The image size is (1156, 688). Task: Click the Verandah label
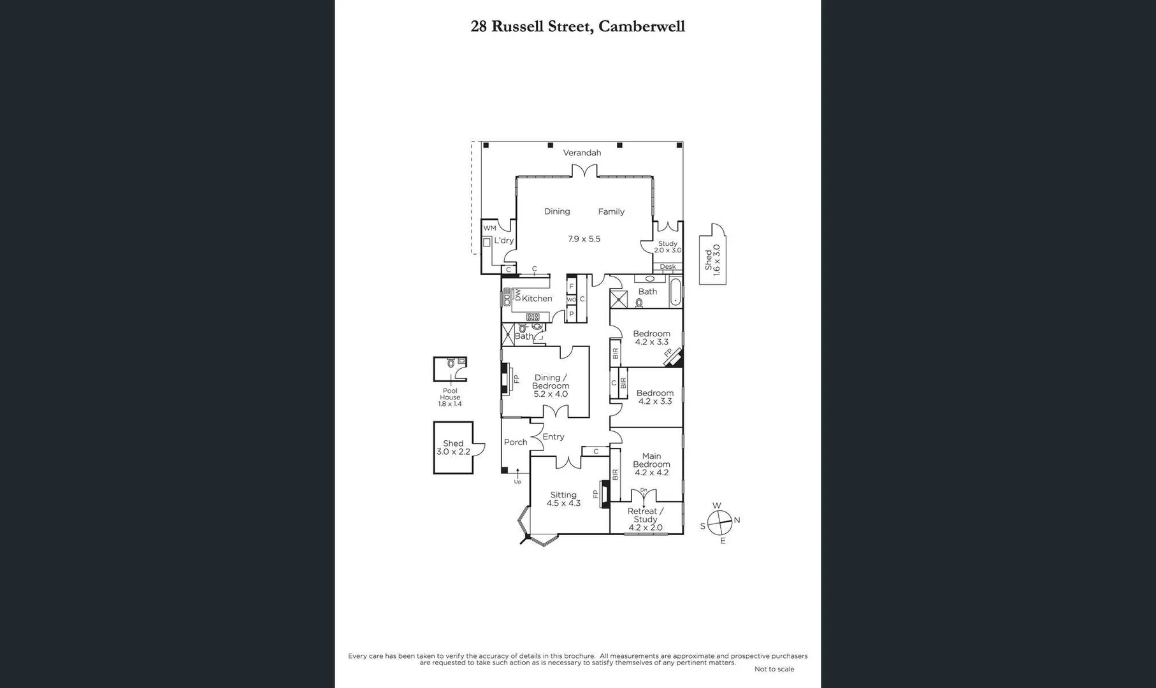click(x=582, y=153)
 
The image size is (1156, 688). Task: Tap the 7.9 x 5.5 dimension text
click(x=584, y=239)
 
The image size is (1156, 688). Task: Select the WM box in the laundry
click(x=489, y=228)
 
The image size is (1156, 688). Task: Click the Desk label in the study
click(x=667, y=267)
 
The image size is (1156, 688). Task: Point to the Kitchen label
click(x=537, y=298)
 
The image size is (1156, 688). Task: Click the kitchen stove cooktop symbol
click(x=533, y=317)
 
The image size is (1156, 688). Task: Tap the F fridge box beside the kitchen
click(x=572, y=287)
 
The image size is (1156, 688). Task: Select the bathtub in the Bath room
click(x=675, y=292)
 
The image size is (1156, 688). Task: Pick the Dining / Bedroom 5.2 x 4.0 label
click(x=551, y=385)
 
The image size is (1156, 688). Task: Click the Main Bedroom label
click(x=651, y=464)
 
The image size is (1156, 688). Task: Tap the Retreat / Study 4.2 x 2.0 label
click(x=645, y=519)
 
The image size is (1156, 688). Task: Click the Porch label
click(x=516, y=442)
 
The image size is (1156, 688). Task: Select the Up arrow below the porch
click(x=517, y=475)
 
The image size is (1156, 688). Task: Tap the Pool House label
click(x=450, y=397)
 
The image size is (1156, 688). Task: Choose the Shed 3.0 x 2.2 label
click(x=453, y=447)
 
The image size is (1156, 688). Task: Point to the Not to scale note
click(x=774, y=669)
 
